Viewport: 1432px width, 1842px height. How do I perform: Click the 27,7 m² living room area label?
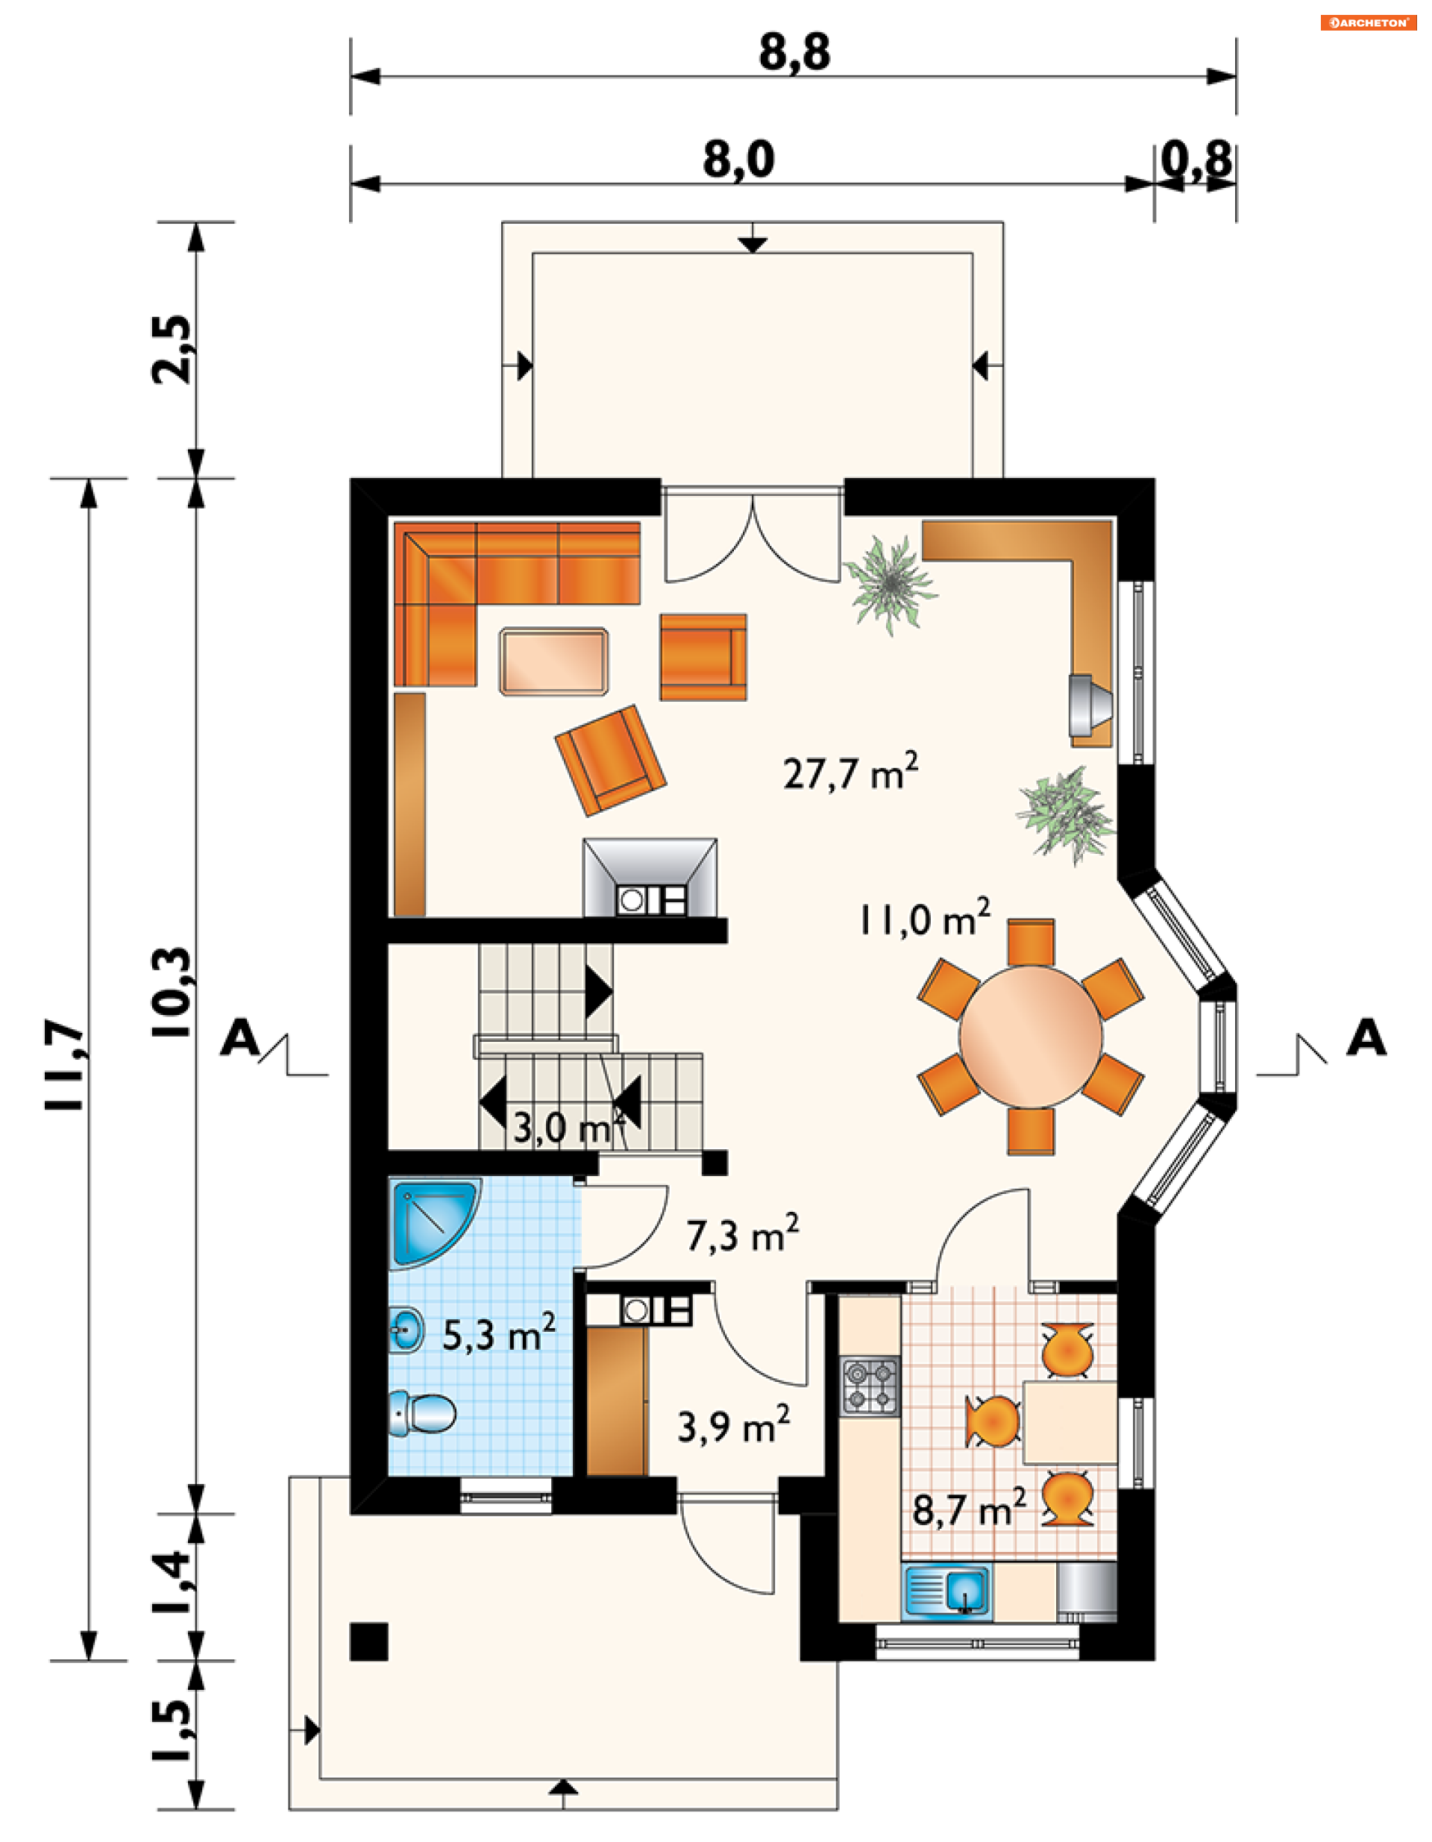click(850, 771)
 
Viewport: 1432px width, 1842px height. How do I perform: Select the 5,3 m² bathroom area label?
click(499, 1333)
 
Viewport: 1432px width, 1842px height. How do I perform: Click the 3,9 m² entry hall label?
click(734, 1425)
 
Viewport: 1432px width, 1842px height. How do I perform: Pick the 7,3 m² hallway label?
click(742, 1234)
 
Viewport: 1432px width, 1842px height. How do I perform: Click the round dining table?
click(1030, 1037)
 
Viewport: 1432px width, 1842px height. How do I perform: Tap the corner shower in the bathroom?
click(433, 1223)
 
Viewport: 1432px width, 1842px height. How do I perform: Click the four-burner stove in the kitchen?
click(871, 1386)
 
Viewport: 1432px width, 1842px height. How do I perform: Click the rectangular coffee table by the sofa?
click(553, 661)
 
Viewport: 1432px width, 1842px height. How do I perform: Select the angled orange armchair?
click(611, 760)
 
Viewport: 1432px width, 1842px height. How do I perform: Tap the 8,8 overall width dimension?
click(794, 52)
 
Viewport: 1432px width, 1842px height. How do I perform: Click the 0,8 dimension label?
click(1197, 159)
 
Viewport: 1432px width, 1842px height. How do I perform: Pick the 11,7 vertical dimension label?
click(66, 1064)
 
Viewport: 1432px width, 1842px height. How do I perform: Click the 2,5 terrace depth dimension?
click(172, 349)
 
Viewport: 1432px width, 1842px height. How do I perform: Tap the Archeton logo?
click(1368, 23)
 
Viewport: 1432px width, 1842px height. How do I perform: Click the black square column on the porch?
click(369, 1641)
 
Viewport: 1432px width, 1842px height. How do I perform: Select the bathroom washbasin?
click(406, 1330)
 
